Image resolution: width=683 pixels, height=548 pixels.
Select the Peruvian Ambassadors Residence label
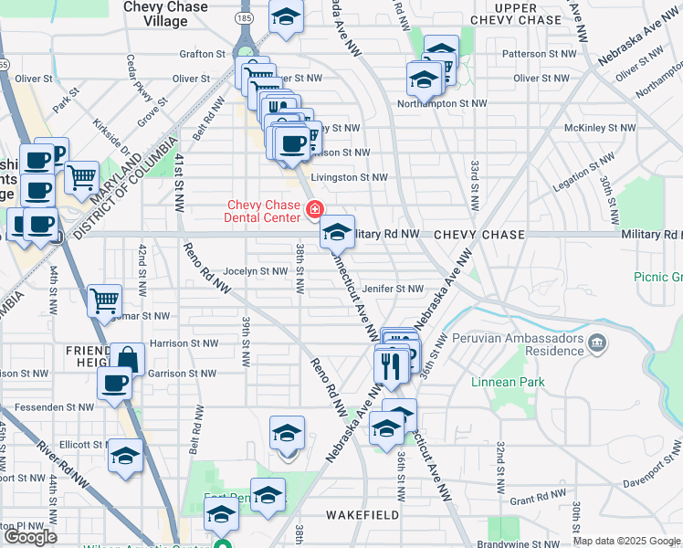[529, 343]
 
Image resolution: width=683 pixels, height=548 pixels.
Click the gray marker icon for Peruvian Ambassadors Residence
[597, 343]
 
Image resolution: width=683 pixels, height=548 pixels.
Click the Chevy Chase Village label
[166, 14]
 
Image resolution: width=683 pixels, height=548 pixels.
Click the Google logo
[30, 536]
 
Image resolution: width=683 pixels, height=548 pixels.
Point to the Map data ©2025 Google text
[626, 541]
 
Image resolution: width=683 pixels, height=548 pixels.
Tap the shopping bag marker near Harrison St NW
[127, 359]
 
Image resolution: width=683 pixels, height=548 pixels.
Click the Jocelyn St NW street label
[255, 271]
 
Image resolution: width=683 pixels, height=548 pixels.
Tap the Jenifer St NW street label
[393, 289]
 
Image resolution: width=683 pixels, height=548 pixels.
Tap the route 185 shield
[244, 17]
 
